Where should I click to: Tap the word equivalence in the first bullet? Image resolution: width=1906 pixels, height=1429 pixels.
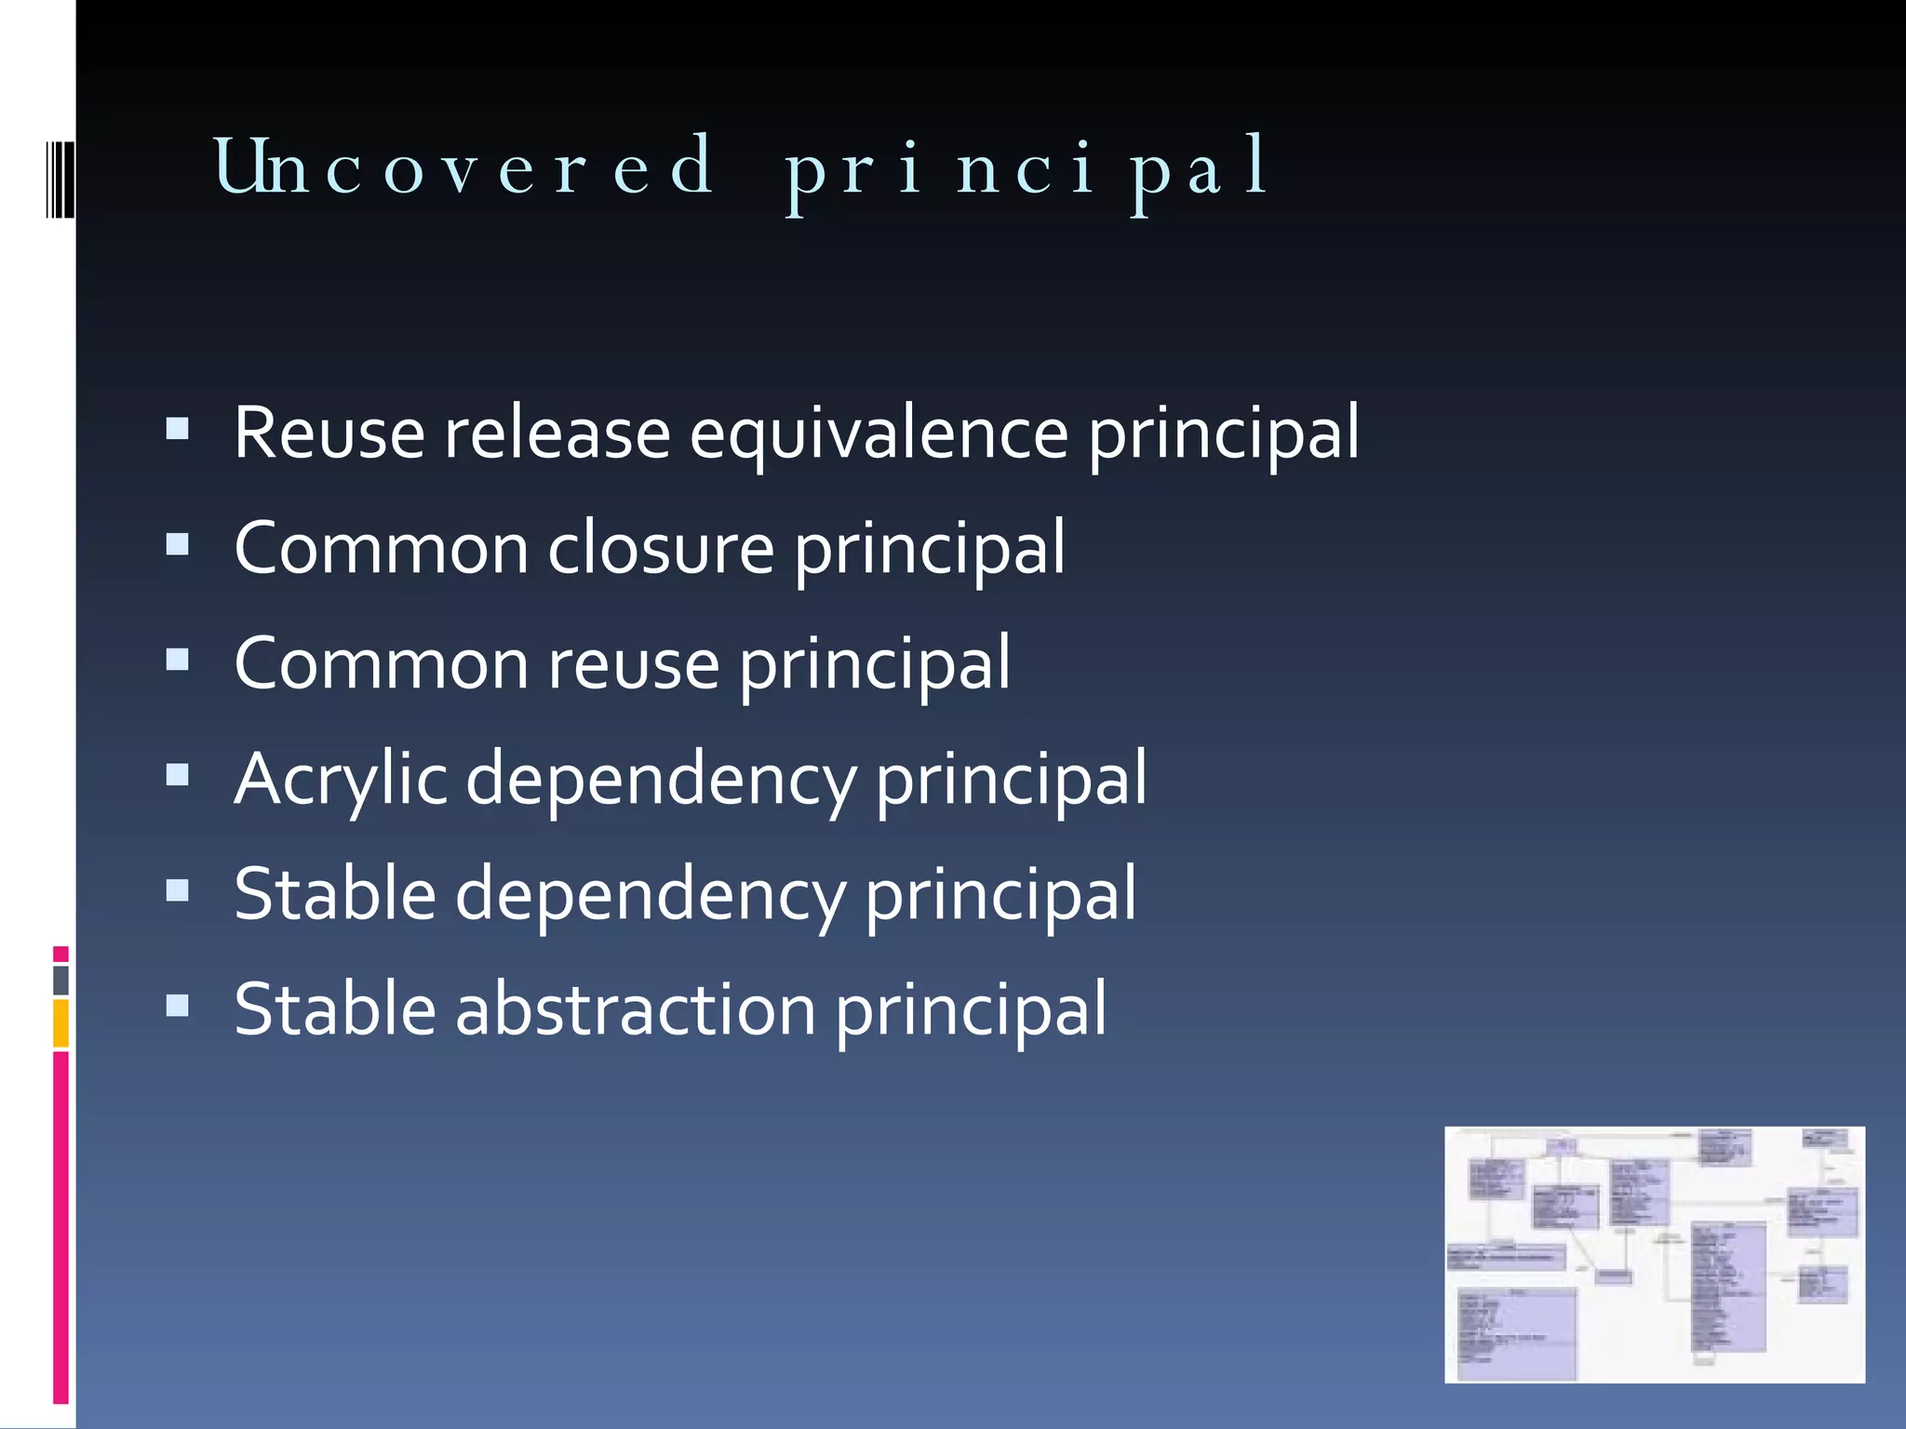(879, 434)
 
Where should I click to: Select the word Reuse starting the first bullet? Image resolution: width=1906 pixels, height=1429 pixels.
(329, 434)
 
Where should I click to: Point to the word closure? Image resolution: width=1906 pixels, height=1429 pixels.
(661, 549)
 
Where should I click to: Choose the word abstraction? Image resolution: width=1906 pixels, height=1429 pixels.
(636, 1009)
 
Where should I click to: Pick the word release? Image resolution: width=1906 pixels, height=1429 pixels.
(557, 434)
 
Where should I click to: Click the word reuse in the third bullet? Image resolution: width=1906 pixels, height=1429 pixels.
(633, 664)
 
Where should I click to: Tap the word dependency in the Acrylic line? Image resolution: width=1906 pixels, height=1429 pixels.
(660, 780)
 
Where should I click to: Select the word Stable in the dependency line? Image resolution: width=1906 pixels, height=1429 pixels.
(335, 894)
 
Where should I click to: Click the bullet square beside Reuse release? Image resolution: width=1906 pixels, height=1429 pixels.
(177, 429)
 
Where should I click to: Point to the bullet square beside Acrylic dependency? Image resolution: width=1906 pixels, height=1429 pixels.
(177, 775)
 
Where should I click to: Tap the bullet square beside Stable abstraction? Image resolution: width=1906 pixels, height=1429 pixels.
(177, 1005)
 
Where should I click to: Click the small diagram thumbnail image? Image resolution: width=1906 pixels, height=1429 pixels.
(1654, 1254)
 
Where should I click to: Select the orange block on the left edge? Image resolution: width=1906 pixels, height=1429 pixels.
(61, 1023)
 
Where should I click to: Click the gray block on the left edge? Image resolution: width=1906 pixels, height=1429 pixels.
(61, 980)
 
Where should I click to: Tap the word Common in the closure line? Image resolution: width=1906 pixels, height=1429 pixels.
(382, 549)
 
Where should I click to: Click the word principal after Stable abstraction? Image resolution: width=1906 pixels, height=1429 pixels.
(971, 1011)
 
